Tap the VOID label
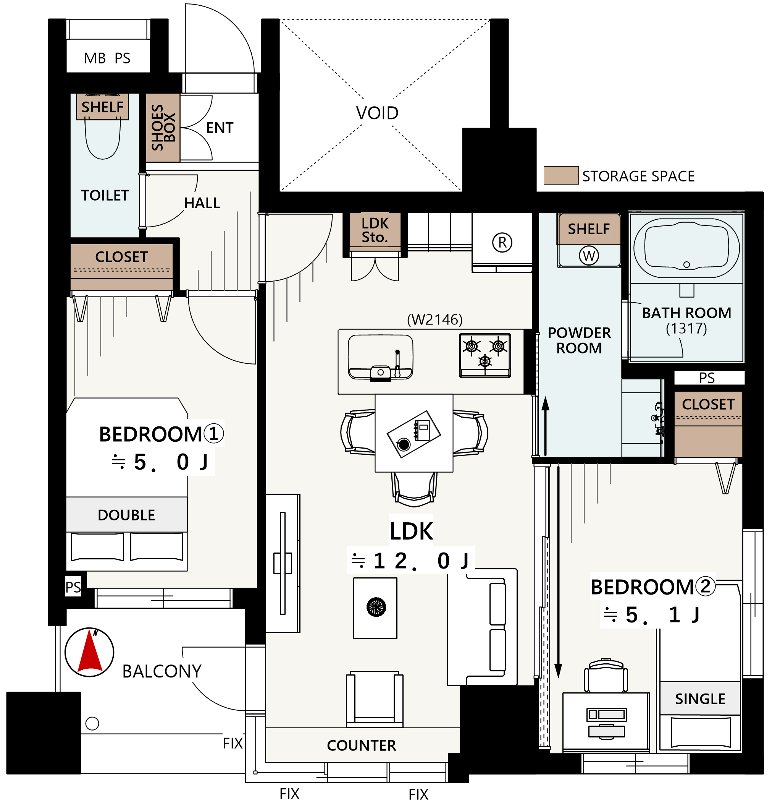(x=377, y=113)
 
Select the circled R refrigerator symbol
(x=502, y=243)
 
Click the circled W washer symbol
(x=589, y=256)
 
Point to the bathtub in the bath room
(x=686, y=248)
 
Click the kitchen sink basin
(x=381, y=357)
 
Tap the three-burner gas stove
(x=485, y=355)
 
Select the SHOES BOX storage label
(x=163, y=127)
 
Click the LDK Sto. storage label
(x=375, y=230)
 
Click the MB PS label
(x=107, y=58)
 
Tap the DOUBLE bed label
(x=126, y=515)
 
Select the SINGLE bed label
(x=700, y=699)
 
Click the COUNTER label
(x=361, y=745)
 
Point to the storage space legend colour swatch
(x=561, y=175)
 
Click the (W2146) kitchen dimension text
(x=434, y=319)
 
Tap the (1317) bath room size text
(x=686, y=329)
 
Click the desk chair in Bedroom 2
(x=606, y=676)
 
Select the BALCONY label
(x=162, y=671)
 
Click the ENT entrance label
(x=220, y=128)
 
